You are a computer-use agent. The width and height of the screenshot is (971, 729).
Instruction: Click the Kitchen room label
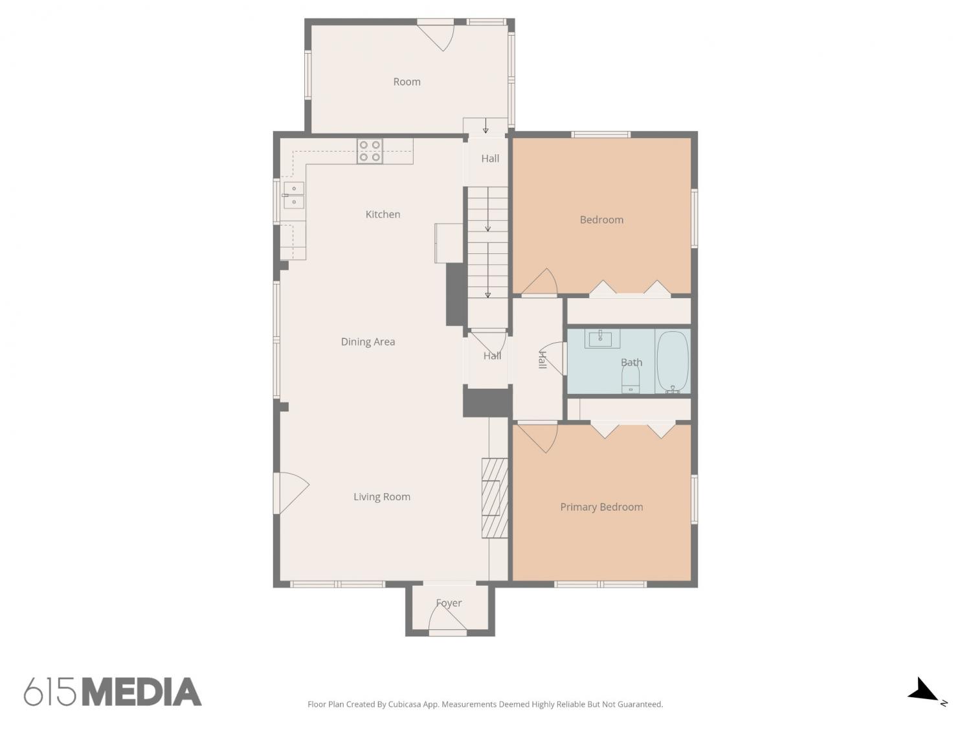[x=383, y=214]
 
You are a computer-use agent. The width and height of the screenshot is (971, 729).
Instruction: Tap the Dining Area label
[x=368, y=341]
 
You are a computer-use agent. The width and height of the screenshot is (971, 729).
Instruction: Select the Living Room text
[x=382, y=496]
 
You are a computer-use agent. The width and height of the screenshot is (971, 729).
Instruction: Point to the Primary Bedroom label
[x=601, y=507]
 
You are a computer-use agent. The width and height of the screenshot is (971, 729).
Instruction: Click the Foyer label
[x=449, y=603]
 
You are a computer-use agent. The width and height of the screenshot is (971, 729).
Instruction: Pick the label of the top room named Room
[x=407, y=82]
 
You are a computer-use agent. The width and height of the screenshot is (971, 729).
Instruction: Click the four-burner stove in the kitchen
[x=370, y=151]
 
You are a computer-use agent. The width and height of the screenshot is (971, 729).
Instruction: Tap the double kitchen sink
[x=294, y=195]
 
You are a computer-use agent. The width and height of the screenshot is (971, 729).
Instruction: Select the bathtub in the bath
[x=673, y=362]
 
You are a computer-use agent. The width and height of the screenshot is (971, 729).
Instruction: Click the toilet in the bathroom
[x=631, y=380]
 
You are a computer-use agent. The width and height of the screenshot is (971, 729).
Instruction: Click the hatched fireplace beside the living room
[x=494, y=498]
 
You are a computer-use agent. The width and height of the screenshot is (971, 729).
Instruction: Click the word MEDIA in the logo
[x=142, y=692]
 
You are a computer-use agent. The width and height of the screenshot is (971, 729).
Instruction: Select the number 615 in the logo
[x=50, y=692]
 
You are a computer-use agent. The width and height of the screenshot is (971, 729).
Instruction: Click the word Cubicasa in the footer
[x=405, y=704]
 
